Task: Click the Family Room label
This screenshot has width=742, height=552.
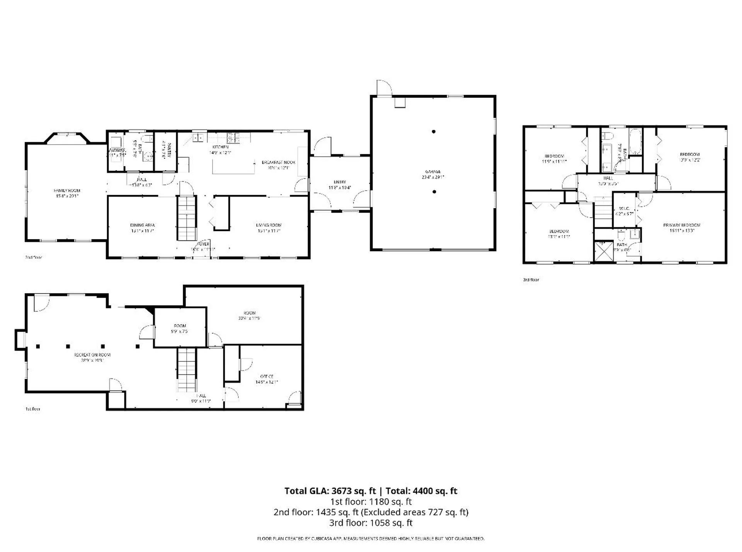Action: (67, 191)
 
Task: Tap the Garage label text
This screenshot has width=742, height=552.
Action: (433, 172)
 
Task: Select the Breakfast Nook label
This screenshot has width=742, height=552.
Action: (278, 162)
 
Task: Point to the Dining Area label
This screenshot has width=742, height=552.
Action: (142, 225)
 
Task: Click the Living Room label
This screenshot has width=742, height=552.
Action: (269, 225)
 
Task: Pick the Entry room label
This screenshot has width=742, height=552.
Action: (340, 182)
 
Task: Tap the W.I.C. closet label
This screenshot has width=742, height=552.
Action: (624, 209)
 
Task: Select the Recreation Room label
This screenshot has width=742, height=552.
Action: (92, 355)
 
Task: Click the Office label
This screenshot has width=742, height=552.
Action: (267, 377)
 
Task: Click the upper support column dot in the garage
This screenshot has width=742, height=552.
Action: (434, 132)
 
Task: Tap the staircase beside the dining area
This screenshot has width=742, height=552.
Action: (187, 218)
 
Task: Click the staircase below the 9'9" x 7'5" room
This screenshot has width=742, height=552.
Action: (187, 370)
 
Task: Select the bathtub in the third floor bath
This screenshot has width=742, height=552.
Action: (635, 142)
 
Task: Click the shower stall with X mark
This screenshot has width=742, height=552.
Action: (603, 252)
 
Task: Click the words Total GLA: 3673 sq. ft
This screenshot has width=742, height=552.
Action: (330, 491)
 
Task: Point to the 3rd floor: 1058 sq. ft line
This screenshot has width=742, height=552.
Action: (371, 523)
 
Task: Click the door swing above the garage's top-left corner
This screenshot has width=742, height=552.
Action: (384, 88)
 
